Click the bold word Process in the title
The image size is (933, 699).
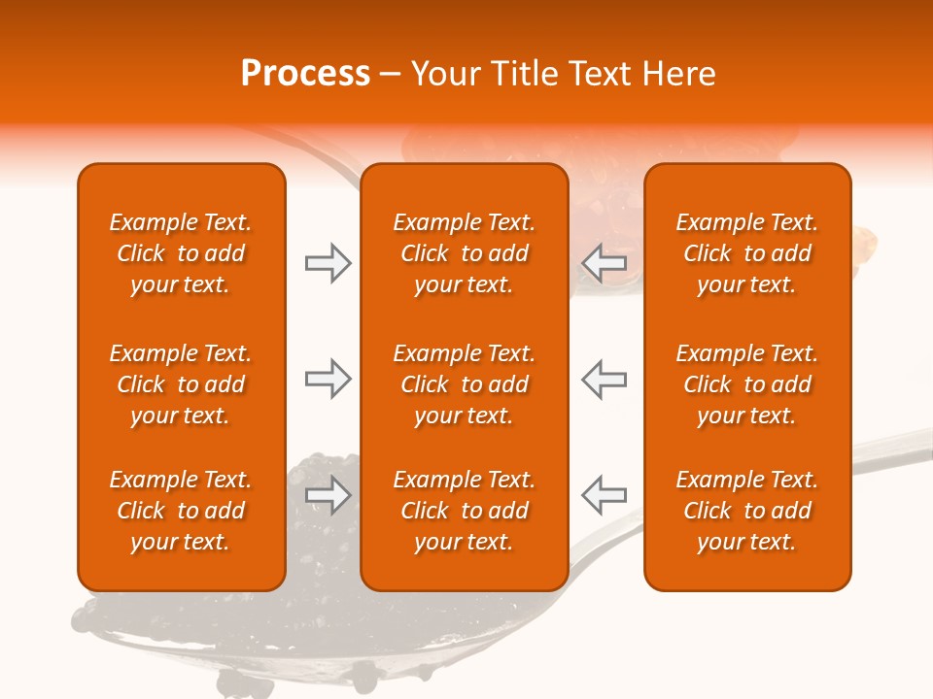(x=305, y=74)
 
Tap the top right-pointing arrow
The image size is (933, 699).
(x=328, y=263)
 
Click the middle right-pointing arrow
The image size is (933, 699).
(x=328, y=379)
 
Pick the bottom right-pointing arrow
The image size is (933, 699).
(x=328, y=496)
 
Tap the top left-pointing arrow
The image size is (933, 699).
(x=604, y=263)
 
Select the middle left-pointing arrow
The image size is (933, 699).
(x=604, y=379)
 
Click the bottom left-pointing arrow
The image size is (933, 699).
(x=604, y=496)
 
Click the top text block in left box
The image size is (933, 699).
(x=181, y=253)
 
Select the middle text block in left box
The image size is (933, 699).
(x=181, y=384)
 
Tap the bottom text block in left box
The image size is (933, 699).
(x=181, y=511)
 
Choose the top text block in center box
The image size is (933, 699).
(x=464, y=253)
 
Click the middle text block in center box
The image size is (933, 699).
(x=464, y=384)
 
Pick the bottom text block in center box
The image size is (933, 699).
(x=464, y=511)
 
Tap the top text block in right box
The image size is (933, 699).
(x=747, y=253)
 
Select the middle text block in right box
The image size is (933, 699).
(x=747, y=384)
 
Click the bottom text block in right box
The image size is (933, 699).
(x=747, y=511)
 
